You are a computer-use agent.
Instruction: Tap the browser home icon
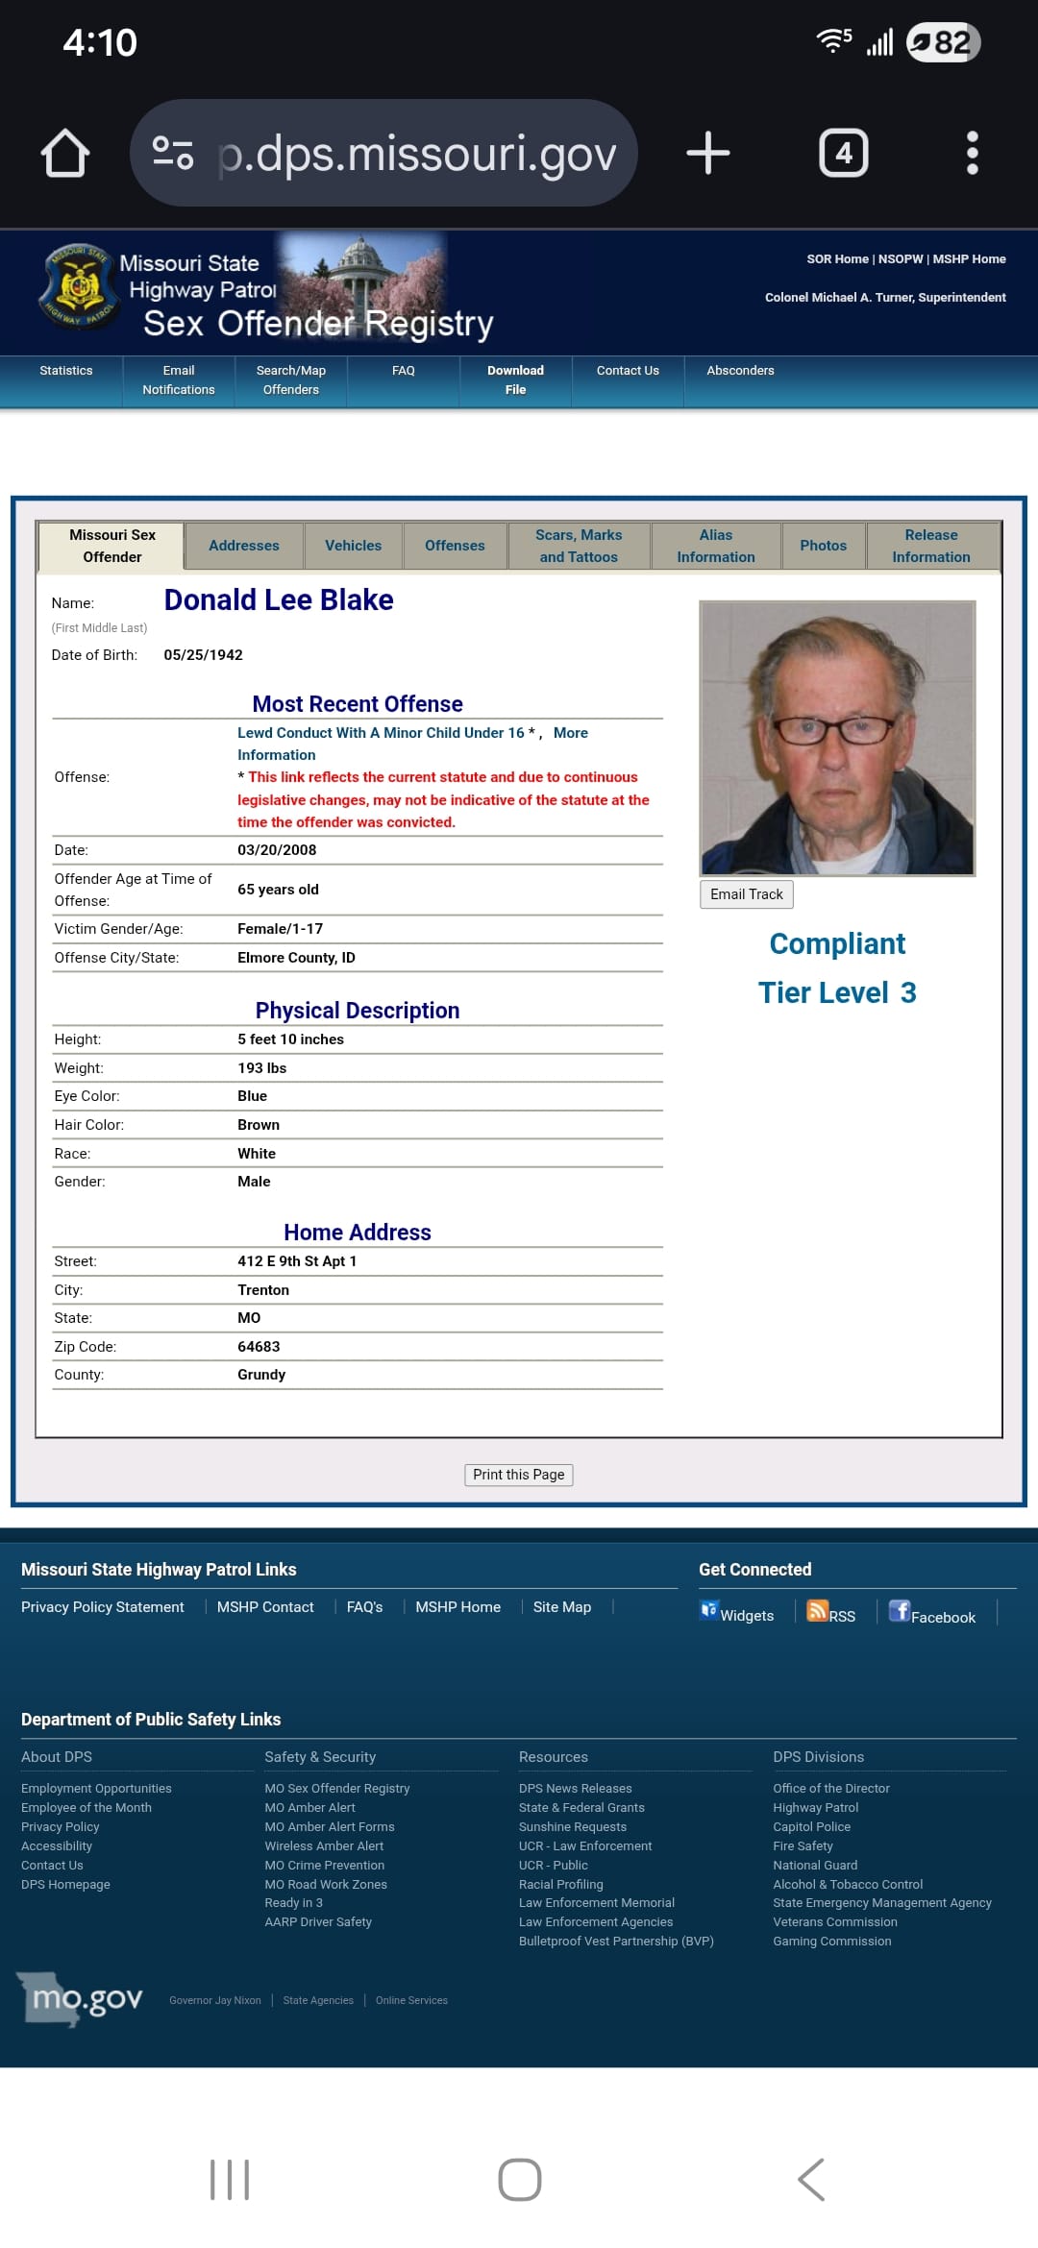65,153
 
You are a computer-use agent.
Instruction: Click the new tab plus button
708,153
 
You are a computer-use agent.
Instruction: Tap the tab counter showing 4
843,153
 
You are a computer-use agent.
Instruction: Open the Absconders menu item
740,371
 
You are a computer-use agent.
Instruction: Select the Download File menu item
515,380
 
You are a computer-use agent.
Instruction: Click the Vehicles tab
353,546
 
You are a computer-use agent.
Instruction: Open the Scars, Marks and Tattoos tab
579,546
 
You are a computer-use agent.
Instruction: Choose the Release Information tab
930,546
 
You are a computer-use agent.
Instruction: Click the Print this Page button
518,1475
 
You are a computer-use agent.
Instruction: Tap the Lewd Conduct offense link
381,733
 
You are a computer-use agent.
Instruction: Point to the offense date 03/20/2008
277,850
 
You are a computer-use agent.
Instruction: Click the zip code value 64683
259,1347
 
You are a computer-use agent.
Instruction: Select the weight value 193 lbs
261,1068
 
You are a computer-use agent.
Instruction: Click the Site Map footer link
562,1607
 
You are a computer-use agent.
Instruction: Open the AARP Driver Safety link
318,1922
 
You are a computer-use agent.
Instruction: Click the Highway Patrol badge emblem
79,285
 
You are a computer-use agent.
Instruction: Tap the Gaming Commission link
831,1942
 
